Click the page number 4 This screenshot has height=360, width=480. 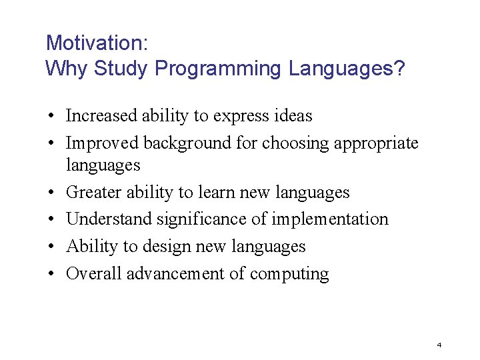click(x=439, y=345)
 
